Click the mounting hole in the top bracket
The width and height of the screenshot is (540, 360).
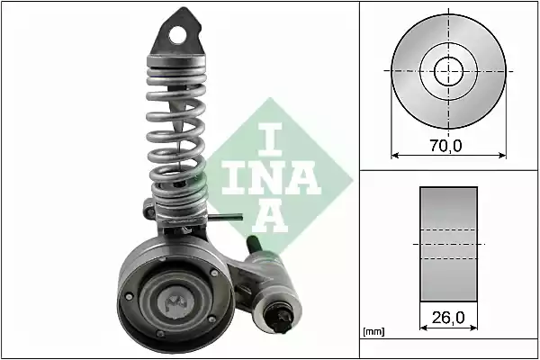coord(186,36)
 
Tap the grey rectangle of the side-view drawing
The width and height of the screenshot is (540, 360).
coord(447,243)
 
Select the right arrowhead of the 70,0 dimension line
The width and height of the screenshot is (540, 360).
coord(500,154)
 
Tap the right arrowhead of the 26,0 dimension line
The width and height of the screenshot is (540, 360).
coord(473,328)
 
